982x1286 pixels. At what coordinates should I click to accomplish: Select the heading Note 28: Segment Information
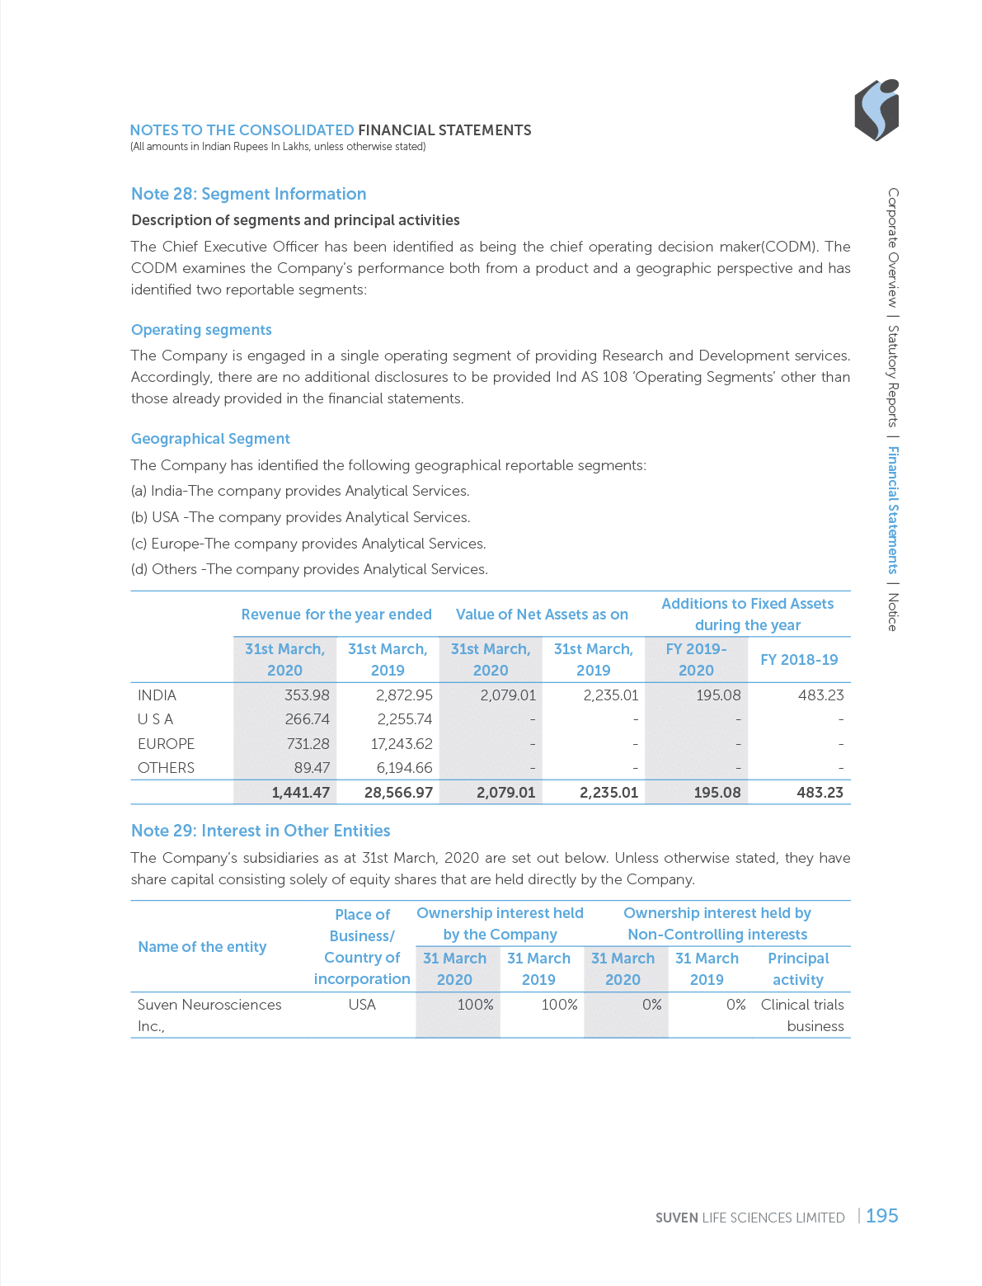[x=248, y=194]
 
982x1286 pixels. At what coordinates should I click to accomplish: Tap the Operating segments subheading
[x=201, y=330]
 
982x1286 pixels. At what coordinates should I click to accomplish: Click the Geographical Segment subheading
[x=210, y=439]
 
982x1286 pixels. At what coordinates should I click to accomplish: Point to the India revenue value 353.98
[x=307, y=695]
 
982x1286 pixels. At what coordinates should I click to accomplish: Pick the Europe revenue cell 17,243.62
[x=402, y=744]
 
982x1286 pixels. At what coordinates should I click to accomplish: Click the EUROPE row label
[x=166, y=744]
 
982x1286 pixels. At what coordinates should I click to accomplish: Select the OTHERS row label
[x=166, y=768]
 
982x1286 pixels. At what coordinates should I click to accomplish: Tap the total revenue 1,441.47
[x=301, y=793]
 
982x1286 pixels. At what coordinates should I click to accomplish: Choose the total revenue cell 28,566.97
[x=398, y=793]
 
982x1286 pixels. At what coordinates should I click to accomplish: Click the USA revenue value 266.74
[x=307, y=719]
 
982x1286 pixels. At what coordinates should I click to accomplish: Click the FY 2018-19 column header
[x=798, y=660]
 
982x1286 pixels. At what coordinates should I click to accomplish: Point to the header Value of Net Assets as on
[x=542, y=615]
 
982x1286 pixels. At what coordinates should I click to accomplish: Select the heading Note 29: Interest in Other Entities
[x=261, y=831]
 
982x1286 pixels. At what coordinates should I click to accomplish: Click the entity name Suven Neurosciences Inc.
[x=209, y=1015]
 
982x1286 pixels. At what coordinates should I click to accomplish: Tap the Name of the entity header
[x=202, y=947]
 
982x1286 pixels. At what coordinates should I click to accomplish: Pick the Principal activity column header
[x=797, y=969]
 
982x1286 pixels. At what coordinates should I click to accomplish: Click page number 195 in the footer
[x=881, y=1216]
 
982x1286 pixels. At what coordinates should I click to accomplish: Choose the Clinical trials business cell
[x=802, y=1015]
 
